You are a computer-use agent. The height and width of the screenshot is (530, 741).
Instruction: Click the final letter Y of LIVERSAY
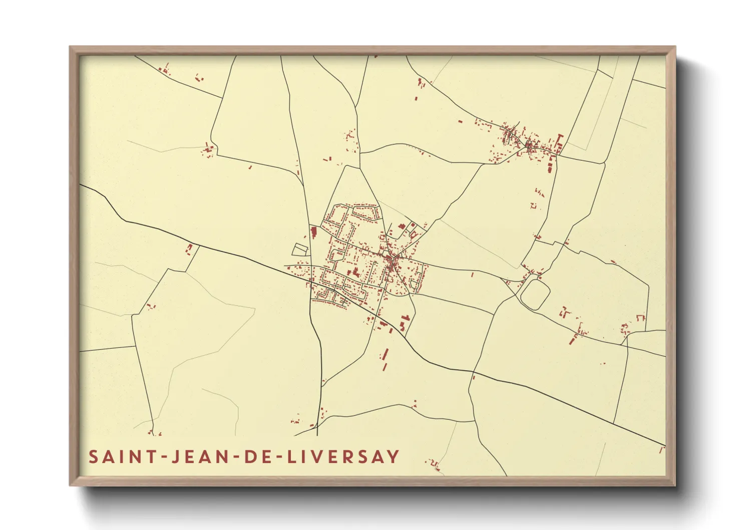[x=394, y=457]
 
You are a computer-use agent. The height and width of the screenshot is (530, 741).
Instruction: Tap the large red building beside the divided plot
[x=314, y=232]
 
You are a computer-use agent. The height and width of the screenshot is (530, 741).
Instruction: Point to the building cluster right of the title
[x=434, y=464]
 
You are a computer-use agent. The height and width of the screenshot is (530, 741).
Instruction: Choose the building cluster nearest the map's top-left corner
[x=164, y=70]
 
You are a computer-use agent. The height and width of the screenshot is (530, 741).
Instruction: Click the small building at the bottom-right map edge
[x=661, y=450]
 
